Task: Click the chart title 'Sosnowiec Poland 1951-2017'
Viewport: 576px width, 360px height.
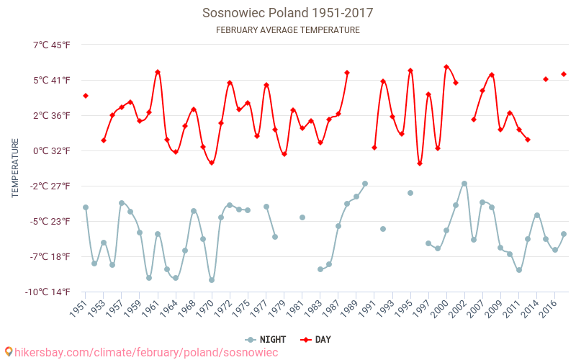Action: [287, 13]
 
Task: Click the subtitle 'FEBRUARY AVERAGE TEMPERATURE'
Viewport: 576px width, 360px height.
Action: [287, 30]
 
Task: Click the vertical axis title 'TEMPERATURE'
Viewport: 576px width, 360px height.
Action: [15, 168]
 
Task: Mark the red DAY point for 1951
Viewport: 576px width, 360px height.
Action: [86, 96]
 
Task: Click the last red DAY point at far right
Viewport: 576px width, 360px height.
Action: [564, 74]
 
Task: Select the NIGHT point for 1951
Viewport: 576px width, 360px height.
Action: [86, 207]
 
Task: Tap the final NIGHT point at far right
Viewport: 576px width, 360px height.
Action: [564, 234]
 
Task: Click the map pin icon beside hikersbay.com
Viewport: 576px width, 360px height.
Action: [9, 352]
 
